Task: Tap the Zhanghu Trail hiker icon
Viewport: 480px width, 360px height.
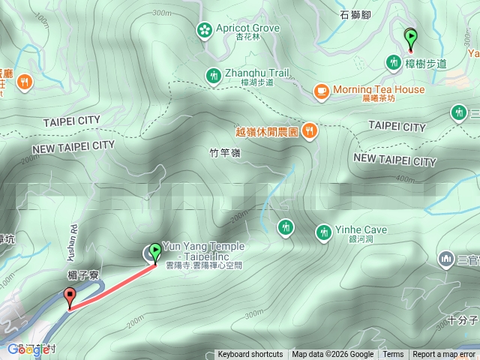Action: click(x=213, y=75)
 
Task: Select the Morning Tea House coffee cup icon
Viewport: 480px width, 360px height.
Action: click(x=321, y=91)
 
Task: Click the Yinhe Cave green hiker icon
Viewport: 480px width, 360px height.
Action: click(x=323, y=232)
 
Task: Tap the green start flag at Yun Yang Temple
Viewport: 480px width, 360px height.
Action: click(x=155, y=252)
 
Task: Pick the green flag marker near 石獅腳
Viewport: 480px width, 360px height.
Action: click(x=410, y=36)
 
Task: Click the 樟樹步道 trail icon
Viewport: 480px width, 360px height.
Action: click(x=392, y=62)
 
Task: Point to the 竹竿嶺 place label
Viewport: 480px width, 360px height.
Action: click(x=224, y=153)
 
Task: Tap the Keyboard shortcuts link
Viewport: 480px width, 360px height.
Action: click(x=250, y=355)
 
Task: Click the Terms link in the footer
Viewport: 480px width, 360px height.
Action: click(x=393, y=355)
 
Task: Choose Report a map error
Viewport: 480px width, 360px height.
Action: click(x=444, y=355)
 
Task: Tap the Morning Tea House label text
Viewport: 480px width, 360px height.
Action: click(x=379, y=89)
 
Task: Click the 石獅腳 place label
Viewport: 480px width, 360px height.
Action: click(x=355, y=14)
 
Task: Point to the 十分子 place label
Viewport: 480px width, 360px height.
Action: click(x=463, y=320)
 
